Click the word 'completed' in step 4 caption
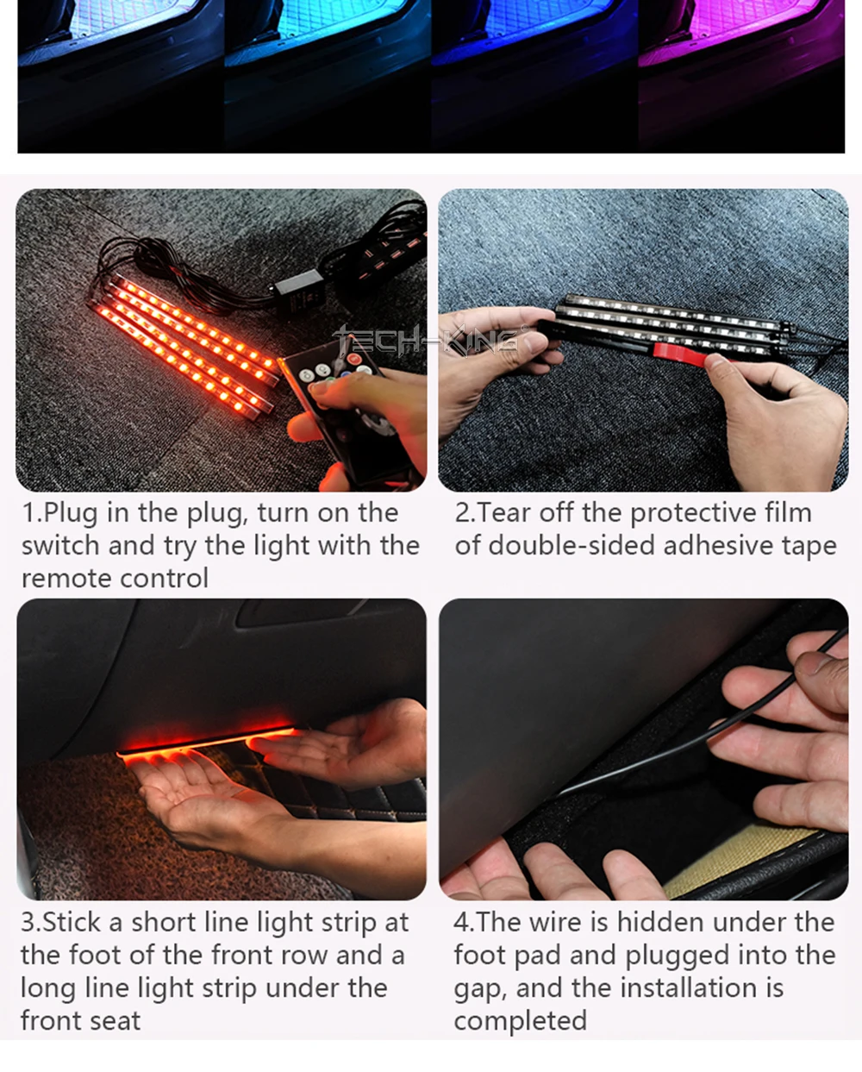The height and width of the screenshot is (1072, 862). tap(520, 1021)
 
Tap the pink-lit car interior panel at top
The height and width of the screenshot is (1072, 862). tap(741, 52)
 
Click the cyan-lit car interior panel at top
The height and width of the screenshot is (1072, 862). tap(328, 52)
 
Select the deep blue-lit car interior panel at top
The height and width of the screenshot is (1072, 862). tap(534, 52)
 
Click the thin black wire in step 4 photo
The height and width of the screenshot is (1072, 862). tap(681, 749)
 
